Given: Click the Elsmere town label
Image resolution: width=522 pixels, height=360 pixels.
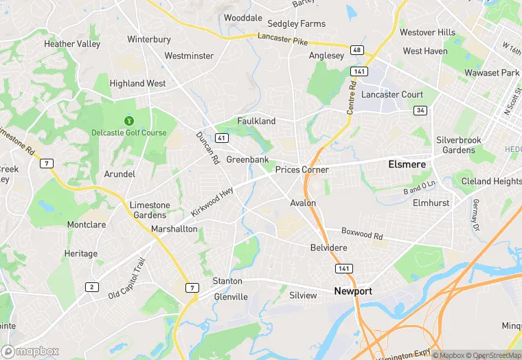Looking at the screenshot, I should point(407,165).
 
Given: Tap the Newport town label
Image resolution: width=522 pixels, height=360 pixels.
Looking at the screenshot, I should point(353,291).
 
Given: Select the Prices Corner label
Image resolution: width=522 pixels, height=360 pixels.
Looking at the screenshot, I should point(302,170).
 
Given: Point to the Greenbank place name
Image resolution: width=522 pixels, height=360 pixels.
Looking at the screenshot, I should point(247,159).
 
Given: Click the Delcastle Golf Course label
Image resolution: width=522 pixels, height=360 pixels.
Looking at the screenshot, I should point(129,133).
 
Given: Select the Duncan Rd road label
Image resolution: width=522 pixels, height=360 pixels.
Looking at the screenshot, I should point(207,148).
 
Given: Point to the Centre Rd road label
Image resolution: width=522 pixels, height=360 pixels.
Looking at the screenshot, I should point(352,95).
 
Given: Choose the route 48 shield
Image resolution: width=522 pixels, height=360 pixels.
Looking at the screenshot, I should point(356,50).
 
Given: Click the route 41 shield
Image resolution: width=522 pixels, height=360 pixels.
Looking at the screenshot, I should point(220,138).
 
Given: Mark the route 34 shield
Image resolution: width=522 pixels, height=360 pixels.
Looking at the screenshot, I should point(420,110).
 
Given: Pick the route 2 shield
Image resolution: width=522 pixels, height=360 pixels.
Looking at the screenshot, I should point(92,286).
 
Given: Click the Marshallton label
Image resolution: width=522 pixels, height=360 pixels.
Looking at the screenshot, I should point(174,229).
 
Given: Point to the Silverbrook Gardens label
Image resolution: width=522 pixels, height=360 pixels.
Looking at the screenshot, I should point(459,145).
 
